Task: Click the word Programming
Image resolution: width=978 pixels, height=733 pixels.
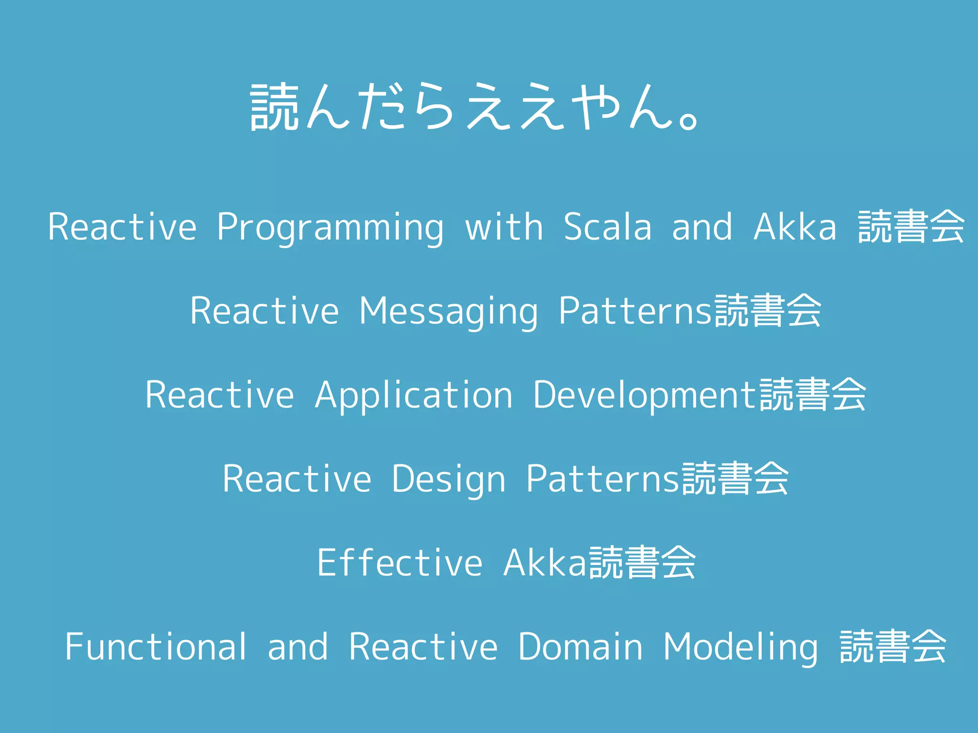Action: click(330, 227)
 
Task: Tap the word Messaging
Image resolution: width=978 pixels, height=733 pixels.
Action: click(448, 311)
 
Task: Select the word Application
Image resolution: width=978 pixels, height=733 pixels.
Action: click(414, 395)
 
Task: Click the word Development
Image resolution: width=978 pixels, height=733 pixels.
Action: click(645, 395)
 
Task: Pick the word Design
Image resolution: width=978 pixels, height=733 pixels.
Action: click(448, 479)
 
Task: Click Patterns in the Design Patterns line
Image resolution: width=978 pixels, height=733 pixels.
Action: click(602, 479)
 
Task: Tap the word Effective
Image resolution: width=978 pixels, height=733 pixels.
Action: click(399, 563)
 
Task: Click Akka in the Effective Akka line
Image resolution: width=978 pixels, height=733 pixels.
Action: click(544, 563)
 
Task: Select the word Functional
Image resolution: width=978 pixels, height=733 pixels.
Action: click(156, 647)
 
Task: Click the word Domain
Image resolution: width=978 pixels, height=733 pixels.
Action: click(580, 647)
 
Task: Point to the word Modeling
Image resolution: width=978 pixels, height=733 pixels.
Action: click(740, 648)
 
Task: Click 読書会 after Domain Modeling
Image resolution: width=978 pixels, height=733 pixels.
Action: click(893, 647)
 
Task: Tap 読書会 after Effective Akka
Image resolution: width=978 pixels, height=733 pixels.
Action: click(641, 563)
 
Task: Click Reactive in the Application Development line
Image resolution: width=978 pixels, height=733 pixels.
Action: click(219, 395)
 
